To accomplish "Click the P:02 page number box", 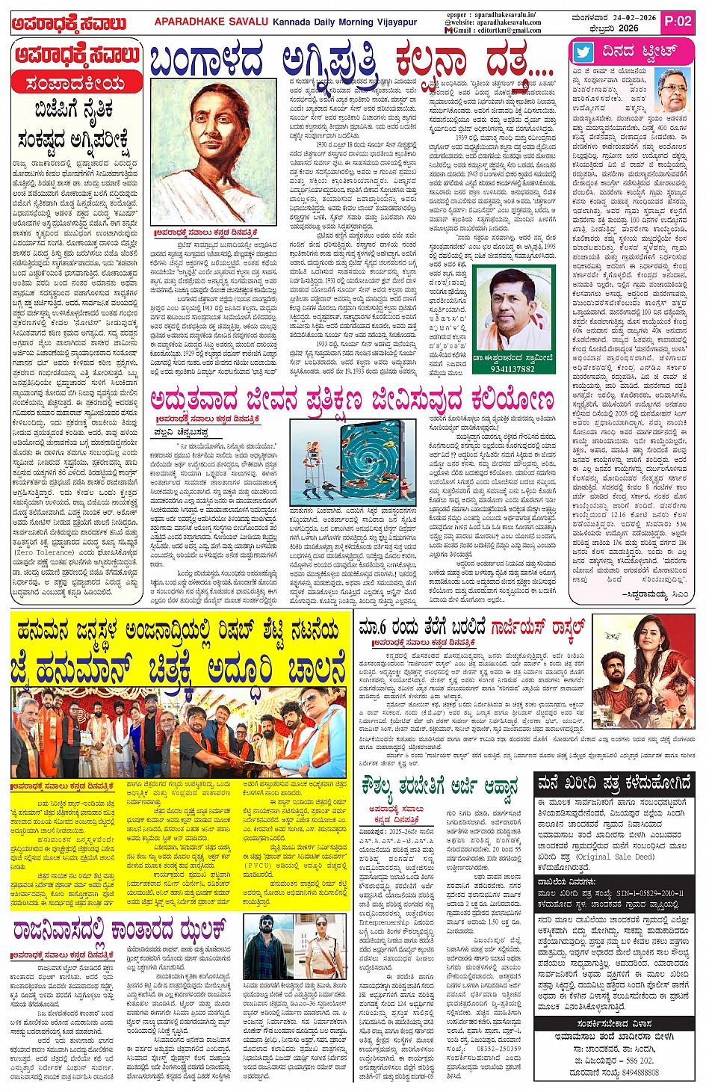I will click(x=678, y=22).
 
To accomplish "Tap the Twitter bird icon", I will click(x=583, y=52).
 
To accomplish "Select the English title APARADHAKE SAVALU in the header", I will click(x=211, y=22).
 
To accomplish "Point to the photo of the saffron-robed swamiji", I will click(x=513, y=310).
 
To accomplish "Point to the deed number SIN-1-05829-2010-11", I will click(x=650, y=893).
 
